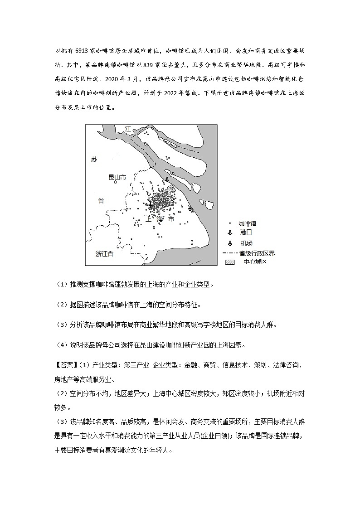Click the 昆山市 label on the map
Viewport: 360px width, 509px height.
(115, 176)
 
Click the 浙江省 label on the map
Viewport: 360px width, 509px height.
(104, 254)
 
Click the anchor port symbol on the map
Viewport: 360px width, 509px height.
(166, 179)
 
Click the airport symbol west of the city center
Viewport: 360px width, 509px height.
(151, 206)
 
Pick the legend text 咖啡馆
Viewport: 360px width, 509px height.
(248, 223)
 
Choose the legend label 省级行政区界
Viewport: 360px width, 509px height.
(257, 253)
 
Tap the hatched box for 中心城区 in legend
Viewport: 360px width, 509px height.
(230, 262)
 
